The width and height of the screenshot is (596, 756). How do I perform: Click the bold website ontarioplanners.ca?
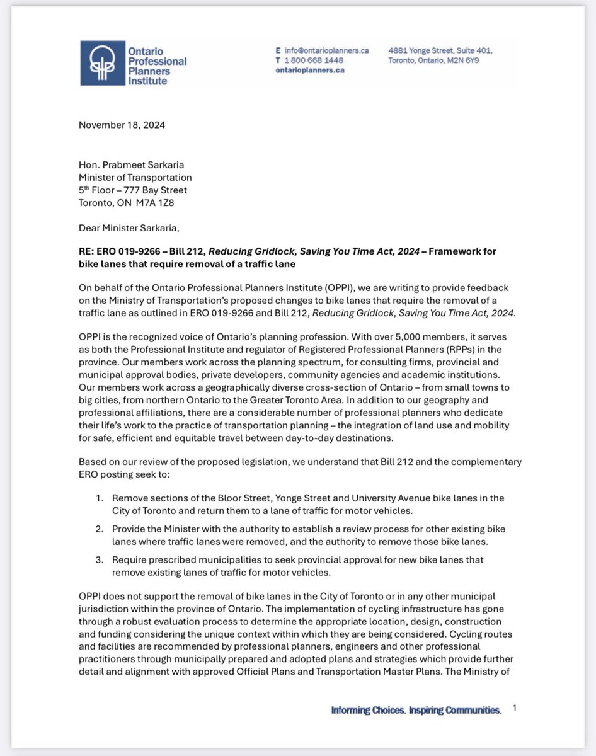tap(310, 71)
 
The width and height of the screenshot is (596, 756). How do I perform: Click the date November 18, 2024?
tap(122, 125)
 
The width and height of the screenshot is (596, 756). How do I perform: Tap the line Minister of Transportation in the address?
tap(135, 178)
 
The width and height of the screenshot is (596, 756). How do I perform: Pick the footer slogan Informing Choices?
tap(367, 711)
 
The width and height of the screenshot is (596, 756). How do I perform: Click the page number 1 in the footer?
tap(514, 709)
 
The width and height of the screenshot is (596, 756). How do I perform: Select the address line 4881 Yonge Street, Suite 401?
tap(440, 50)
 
